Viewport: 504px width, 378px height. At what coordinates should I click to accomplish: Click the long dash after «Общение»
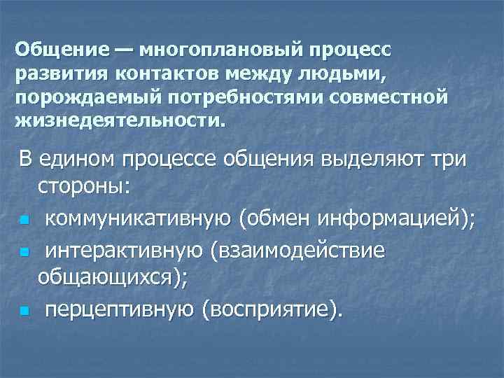pos(122,51)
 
